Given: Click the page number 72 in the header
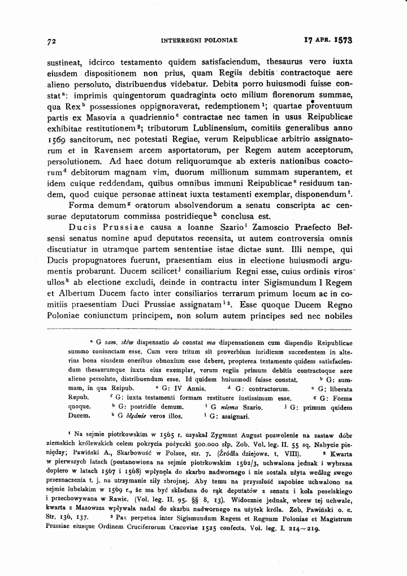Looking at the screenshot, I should click(x=50, y=41).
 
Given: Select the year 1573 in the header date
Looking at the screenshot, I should click(x=339, y=41).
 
